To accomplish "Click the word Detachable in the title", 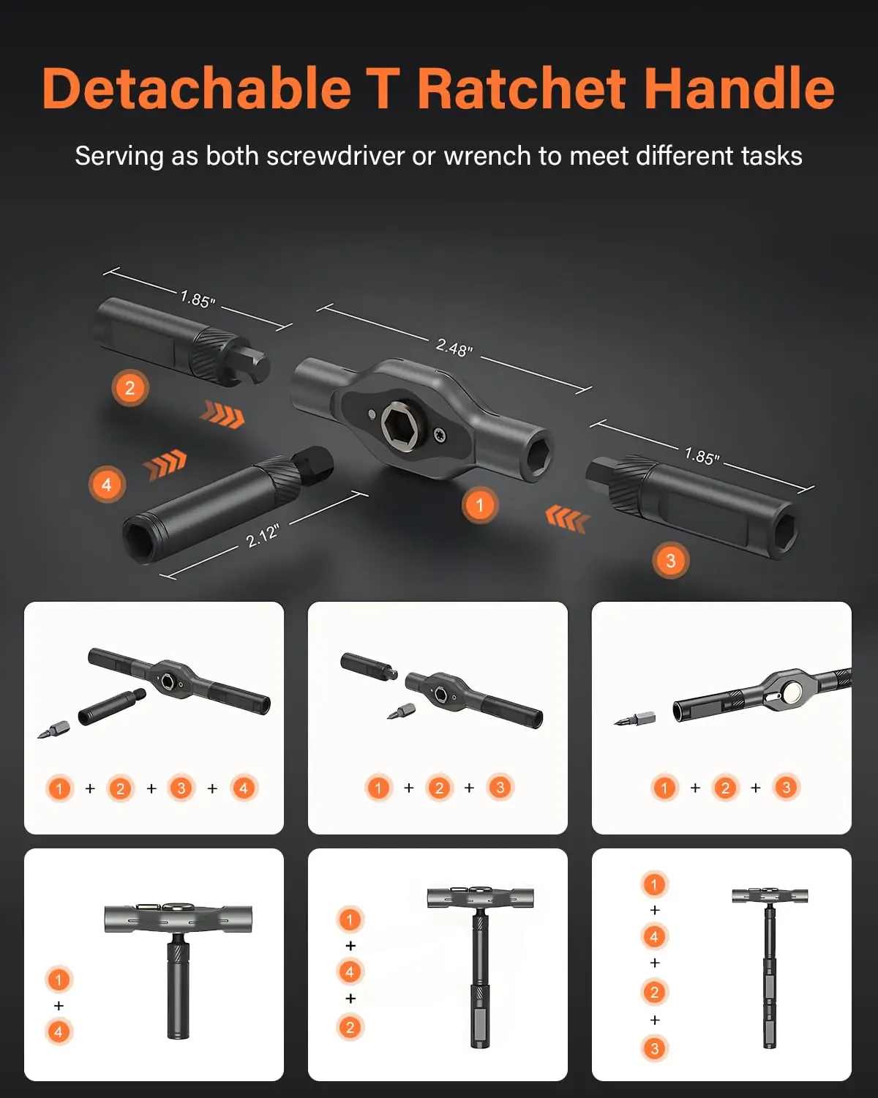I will [x=196, y=89].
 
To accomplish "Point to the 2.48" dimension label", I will [x=454, y=347].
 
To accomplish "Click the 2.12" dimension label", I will [x=262, y=536].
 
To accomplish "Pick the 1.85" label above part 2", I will [x=198, y=299].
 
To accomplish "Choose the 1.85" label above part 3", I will [x=702, y=456].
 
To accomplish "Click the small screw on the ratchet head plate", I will [x=440, y=434].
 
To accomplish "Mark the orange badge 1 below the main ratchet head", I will [x=479, y=505].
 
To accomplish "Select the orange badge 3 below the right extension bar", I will [x=670, y=561].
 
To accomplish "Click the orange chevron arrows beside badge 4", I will [x=165, y=464].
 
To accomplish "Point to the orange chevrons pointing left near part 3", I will [x=567, y=519].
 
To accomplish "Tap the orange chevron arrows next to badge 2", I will [x=222, y=415].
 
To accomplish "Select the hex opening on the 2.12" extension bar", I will [x=138, y=539].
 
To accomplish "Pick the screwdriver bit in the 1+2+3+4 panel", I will [x=54, y=730].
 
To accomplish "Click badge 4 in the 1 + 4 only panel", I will [x=59, y=1032].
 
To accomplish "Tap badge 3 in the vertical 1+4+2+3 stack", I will [x=654, y=1048].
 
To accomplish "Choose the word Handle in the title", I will [x=739, y=89].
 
